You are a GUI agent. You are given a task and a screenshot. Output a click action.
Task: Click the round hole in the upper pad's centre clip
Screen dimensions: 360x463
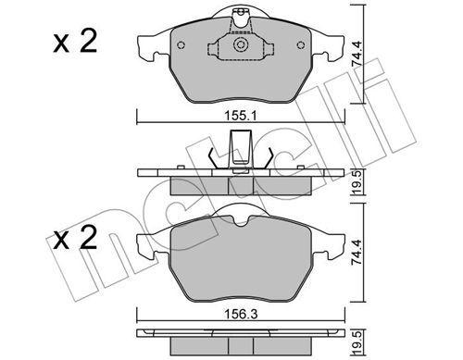(x=240, y=44)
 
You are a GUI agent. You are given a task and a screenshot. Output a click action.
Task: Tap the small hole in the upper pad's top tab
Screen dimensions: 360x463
(x=239, y=12)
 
